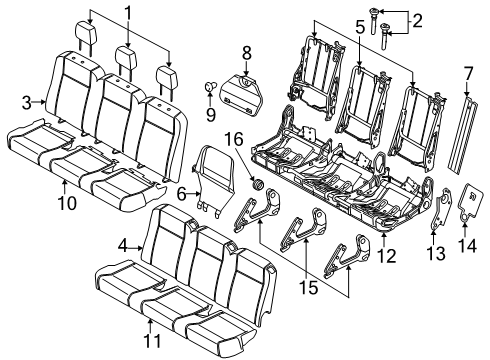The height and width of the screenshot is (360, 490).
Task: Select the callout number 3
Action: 28,101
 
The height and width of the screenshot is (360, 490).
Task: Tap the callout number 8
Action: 244,53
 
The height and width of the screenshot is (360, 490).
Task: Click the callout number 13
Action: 431,255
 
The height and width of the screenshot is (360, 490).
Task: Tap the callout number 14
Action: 465,244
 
